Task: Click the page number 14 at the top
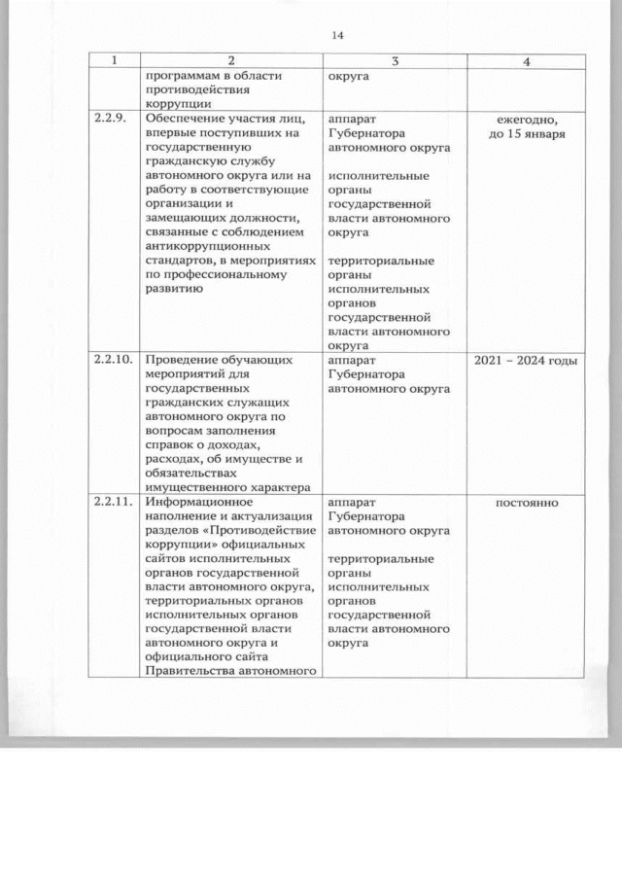[x=338, y=36]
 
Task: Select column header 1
[x=114, y=61]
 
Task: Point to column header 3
[x=395, y=61]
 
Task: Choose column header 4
[x=526, y=61]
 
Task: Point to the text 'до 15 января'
[x=526, y=134]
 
